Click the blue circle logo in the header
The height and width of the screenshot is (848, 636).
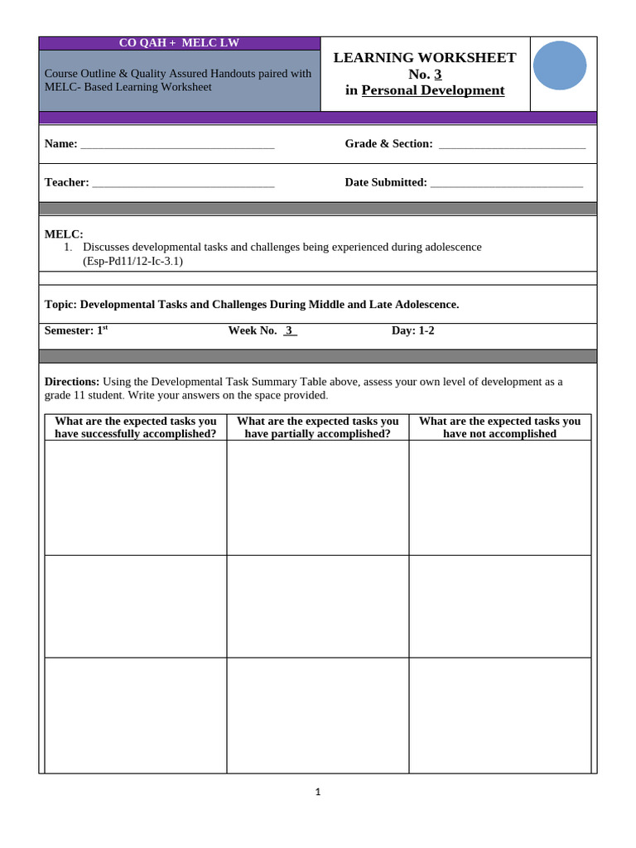560,65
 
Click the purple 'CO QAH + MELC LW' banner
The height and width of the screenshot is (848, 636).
179,43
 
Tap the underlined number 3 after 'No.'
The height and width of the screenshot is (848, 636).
438,74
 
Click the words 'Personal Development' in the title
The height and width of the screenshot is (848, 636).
432,90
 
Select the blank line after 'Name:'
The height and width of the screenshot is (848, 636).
177,145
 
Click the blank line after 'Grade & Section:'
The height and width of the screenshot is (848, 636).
512,145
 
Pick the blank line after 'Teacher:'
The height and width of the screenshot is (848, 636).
183,183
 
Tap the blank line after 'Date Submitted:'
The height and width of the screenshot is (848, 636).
506,183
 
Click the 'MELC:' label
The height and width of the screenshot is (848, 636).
64,234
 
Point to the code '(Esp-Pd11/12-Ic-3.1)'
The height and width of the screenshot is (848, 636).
132,261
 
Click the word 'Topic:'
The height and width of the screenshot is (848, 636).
60,305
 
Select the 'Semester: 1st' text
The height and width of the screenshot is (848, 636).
76,330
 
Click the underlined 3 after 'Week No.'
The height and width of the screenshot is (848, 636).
289,330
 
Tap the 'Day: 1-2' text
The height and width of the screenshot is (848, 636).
412,330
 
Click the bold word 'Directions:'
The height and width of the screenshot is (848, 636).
72,382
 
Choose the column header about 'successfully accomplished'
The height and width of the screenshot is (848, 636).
136,427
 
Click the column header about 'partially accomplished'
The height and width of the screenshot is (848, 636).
318,427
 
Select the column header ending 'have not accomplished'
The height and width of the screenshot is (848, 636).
499,427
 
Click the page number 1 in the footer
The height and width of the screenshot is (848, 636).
318,792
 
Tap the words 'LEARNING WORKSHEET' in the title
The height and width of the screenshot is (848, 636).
425,57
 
